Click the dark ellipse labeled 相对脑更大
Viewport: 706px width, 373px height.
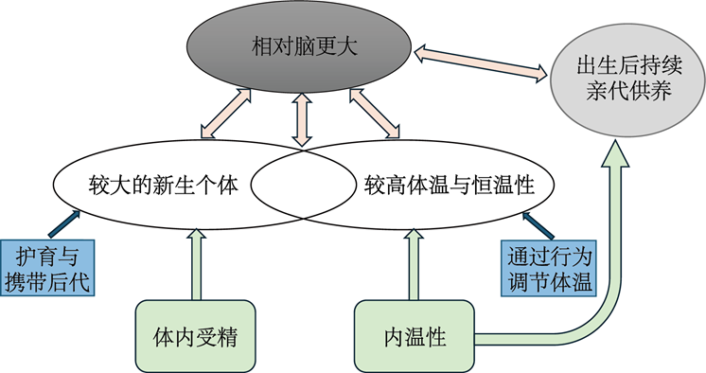(x=299, y=46)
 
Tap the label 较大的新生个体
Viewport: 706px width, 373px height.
(x=164, y=186)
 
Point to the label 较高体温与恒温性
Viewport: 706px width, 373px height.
(x=449, y=186)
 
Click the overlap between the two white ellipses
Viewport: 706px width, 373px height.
(x=303, y=186)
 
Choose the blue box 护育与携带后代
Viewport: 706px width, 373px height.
(x=47, y=268)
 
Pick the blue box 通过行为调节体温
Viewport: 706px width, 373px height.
(x=549, y=268)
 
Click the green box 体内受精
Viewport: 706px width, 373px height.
(x=195, y=336)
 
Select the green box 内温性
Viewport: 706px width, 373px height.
(x=415, y=336)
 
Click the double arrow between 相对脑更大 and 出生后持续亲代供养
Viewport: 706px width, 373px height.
(x=481, y=63)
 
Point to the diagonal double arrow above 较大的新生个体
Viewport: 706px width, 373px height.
(x=225, y=113)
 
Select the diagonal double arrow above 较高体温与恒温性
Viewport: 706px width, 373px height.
(x=374, y=113)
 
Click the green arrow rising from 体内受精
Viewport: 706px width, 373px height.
(x=196, y=264)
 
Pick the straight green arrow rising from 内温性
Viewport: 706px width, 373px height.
(x=414, y=264)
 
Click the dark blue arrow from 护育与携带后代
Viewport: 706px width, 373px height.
(x=64, y=223)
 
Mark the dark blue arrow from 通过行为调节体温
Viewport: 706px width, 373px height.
(x=538, y=225)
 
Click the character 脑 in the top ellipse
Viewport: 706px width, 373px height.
(x=304, y=46)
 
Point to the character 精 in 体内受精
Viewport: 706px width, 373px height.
(x=226, y=336)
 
